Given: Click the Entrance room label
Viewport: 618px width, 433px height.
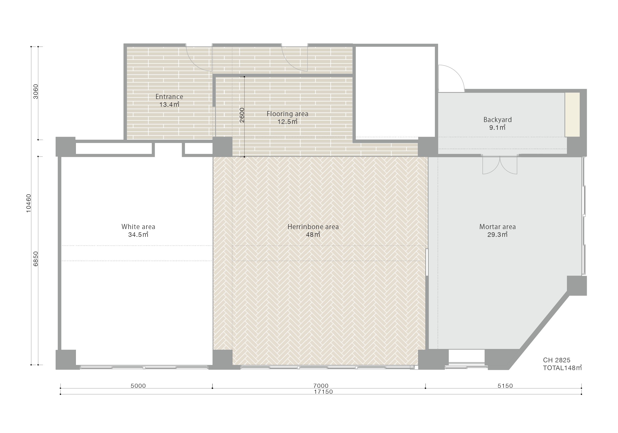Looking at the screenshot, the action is tap(169, 96).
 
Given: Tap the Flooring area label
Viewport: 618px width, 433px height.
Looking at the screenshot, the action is tap(287, 114).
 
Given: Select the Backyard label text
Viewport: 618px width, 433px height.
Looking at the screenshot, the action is tap(497, 120).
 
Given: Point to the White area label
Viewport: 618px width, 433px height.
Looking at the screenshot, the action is tap(138, 227).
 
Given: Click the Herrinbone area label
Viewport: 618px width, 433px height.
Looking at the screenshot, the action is tap(313, 227).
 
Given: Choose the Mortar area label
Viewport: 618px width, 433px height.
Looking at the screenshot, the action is tap(497, 227).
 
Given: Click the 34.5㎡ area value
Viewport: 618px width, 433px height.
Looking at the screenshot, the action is tap(138, 235).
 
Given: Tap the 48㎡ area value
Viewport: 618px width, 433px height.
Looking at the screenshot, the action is tap(313, 235).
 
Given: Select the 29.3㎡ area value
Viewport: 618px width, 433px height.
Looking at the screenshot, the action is tap(497, 235).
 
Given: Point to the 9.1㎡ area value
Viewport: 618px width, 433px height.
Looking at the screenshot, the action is tap(497, 128).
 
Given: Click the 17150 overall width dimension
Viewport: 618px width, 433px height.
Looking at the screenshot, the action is tap(323, 392).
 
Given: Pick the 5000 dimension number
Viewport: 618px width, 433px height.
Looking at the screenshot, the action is tap(138, 386).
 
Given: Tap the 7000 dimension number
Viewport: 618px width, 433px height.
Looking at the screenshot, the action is tap(321, 386).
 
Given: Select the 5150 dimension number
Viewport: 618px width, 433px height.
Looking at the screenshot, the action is tap(505, 386).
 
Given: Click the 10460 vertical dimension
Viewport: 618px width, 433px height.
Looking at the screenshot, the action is tap(29, 203).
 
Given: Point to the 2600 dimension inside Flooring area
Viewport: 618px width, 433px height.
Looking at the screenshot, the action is tap(242, 115).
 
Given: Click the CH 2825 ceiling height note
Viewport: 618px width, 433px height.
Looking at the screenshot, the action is tap(557, 360).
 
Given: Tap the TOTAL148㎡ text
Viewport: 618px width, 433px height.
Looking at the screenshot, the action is tap(562, 368).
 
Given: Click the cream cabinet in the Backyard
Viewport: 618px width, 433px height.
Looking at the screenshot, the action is tap(572, 115).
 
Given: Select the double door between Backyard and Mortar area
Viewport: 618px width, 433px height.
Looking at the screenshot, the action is tap(500, 165).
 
